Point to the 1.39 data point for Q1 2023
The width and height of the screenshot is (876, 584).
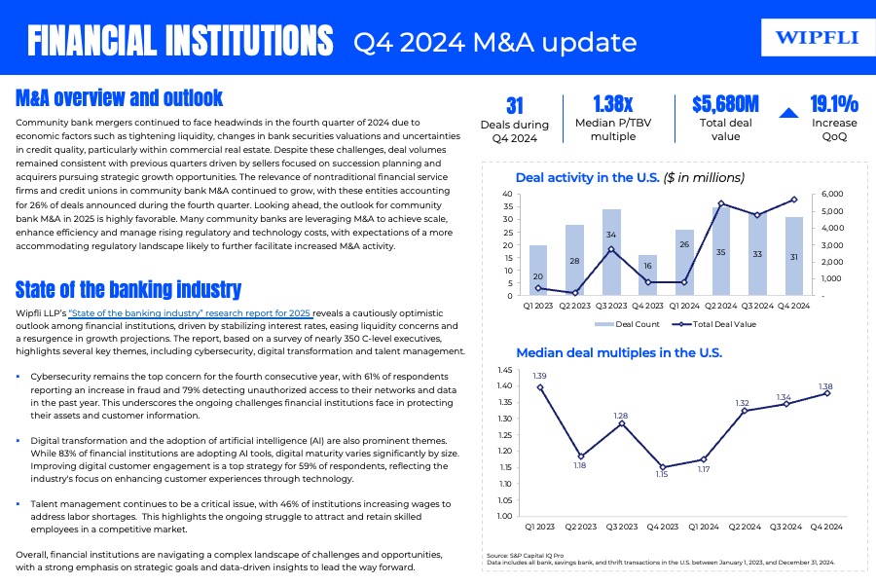539,387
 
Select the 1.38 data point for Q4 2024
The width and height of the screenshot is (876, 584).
827,393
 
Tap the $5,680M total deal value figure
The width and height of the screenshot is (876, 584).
725,105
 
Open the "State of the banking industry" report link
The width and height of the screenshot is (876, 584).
189,312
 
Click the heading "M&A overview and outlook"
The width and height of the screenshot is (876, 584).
120,97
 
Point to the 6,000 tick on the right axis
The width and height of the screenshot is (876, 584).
833,194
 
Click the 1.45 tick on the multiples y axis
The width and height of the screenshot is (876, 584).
503,371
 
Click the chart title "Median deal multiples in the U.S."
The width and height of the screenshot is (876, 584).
618,352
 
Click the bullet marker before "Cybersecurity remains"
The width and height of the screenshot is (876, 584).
19,376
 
